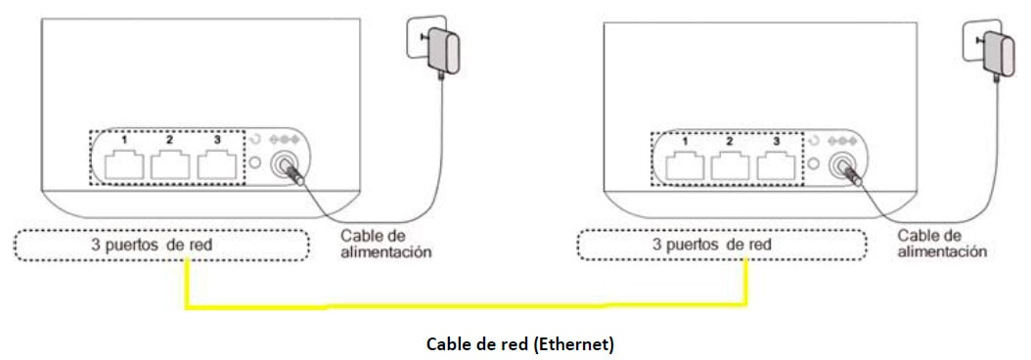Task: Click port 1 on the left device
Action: [124, 166]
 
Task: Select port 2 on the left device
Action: [170, 166]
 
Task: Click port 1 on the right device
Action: [685, 166]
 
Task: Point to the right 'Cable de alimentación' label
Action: [942, 244]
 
